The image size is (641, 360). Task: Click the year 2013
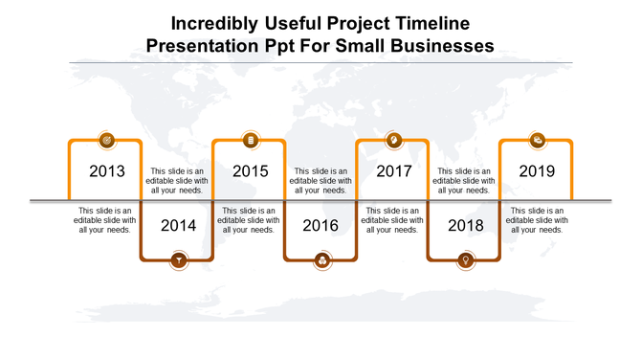(106, 171)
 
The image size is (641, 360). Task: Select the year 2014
(178, 226)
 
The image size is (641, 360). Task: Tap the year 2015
(250, 171)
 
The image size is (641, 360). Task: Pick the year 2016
(321, 226)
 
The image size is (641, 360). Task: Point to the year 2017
(393, 171)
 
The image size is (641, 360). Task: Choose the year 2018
(466, 226)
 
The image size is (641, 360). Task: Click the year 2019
(537, 171)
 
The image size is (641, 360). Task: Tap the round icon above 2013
(106, 141)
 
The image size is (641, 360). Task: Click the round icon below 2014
(178, 259)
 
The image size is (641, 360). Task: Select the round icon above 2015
(250, 141)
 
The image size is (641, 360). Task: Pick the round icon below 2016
(321, 259)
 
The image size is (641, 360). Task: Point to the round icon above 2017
(393, 141)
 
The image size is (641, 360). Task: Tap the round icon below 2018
(466, 259)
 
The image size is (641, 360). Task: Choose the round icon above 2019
(538, 141)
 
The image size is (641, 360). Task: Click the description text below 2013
(105, 220)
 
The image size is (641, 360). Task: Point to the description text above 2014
(177, 180)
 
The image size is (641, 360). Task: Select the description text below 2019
(537, 220)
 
